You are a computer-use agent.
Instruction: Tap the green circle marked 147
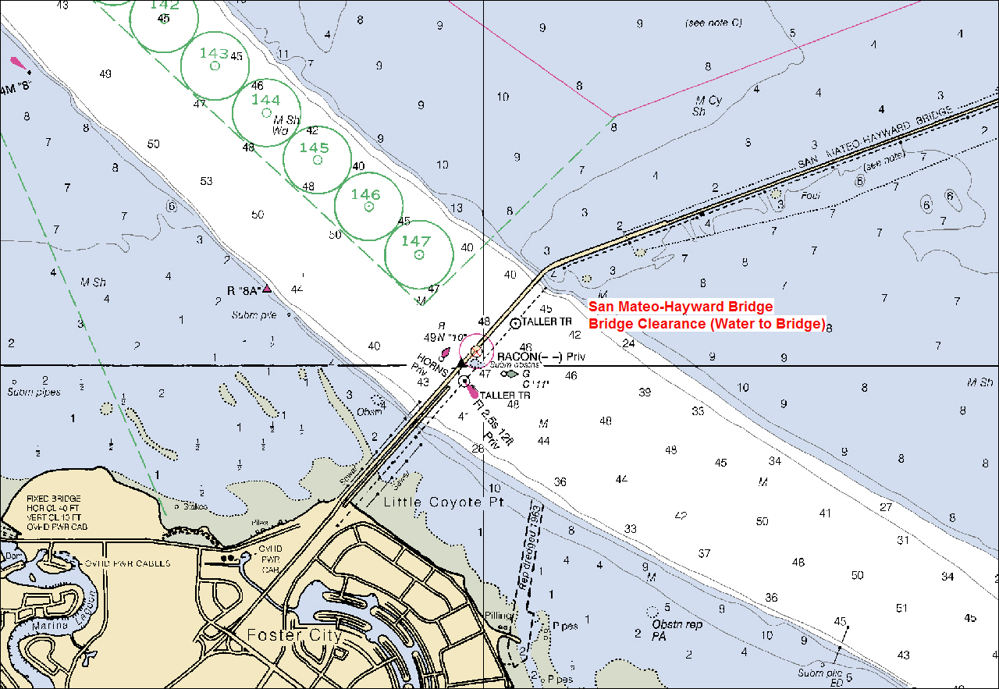pyautogui.click(x=419, y=248)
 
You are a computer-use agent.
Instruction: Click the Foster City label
pyautogui.click(x=294, y=635)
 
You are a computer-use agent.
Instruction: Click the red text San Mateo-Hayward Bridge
pyautogui.click(x=681, y=307)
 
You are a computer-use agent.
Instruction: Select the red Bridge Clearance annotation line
pyautogui.click(x=706, y=324)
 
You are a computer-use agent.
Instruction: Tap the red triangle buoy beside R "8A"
pyautogui.click(x=267, y=289)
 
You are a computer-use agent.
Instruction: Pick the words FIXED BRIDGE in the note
pyautogui.click(x=53, y=498)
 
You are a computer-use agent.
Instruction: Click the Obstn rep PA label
pyautogui.click(x=676, y=630)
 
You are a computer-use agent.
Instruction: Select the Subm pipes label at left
pyautogui.click(x=34, y=392)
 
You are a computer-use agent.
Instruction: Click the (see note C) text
pyautogui.click(x=712, y=23)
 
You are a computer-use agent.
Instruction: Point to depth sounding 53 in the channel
pyautogui.click(x=206, y=181)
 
